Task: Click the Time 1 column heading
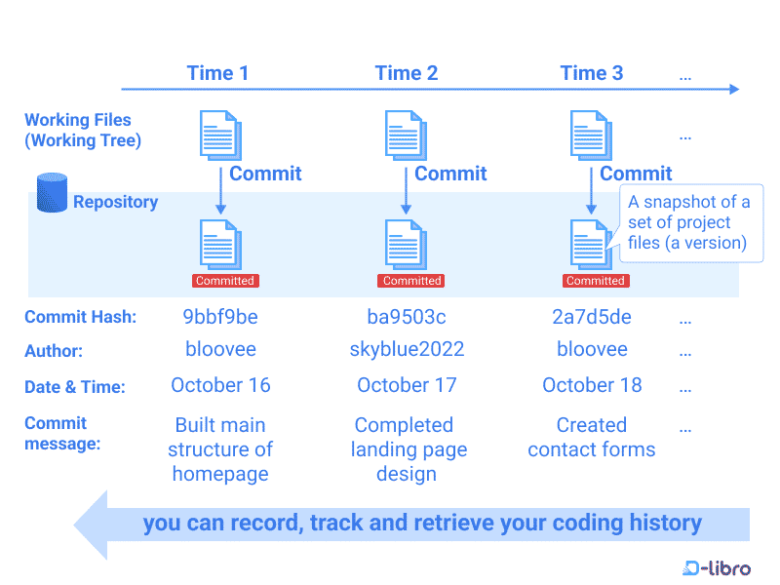click(x=217, y=73)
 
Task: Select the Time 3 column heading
click(x=591, y=73)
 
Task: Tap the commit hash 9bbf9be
click(x=220, y=317)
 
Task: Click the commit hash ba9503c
click(x=407, y=317)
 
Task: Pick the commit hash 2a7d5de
click(x=592, y=317)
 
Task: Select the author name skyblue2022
click(x=407, y=349)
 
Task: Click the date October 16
click(x=220, y=385)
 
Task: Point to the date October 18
click(x=592, y=385)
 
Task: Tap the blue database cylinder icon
click(x=52, y=193)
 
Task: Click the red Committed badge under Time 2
click(x=410, y=281)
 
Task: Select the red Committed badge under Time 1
click(x=225, y=281)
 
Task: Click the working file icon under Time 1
click(x=220, y=136)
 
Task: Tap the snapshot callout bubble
click(x=690, y=222)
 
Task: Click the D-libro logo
click(x=718, y=567)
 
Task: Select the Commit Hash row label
click(x=80, y=317)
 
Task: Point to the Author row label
click(x=54, y=350)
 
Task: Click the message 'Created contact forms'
click(x=592, y=438)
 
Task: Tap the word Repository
click(x=115, y=202)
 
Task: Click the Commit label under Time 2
click(x=450, y=174)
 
